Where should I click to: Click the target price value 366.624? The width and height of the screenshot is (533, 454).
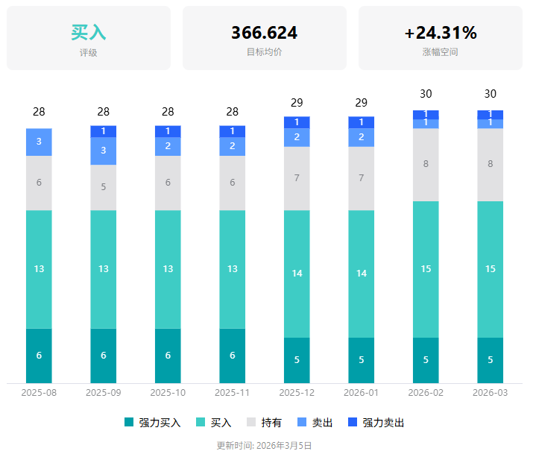click(x=264, y=33)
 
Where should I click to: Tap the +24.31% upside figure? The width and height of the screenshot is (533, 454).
click(x=440, y=33)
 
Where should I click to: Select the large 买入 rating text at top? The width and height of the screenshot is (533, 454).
click(x=88, y=33)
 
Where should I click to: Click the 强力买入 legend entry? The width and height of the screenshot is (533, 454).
click(x=152, y=423)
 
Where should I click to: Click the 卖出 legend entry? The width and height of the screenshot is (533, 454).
click(x=314, y=423)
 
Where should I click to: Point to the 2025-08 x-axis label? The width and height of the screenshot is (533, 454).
click(x=39, y=392)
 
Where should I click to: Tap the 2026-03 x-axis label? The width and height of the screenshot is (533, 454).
click(x=490, y=392)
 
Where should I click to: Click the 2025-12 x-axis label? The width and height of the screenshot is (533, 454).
click(x=297, y=392)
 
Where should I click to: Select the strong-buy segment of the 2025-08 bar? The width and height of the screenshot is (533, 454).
click(x=39, y=356)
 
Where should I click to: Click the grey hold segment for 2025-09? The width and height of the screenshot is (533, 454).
click(x=104, y=187)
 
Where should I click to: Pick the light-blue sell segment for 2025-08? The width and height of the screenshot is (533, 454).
click(x=39, y=142)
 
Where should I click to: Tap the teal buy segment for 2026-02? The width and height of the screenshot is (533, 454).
click(x=426, y=269)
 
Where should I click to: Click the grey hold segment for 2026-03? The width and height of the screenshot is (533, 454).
click(x=490, y=164)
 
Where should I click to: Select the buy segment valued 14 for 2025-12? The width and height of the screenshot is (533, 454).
click(x=297, y=274)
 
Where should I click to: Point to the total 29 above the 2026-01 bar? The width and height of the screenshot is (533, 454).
click(x=362, y=103)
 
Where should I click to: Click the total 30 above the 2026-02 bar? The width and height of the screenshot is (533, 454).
click(x=426, y=94)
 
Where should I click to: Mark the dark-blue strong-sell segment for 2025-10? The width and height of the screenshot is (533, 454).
click(x=168, y=131)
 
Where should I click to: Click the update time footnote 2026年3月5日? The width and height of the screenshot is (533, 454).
click(x=264, y=445)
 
